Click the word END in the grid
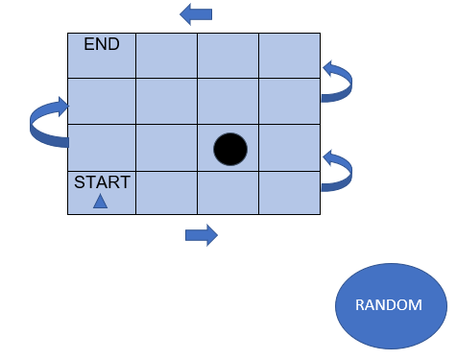[x=102, y=44]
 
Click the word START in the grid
[x=102, y=182]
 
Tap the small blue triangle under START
[x=100, y=201]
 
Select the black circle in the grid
[x=230, y=149]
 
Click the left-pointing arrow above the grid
[x=197, y=13]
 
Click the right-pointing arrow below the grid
[x=202, y=234]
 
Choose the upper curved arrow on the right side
[x=338, y=82]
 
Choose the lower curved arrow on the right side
[x=338, y=170]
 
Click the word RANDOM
[x=389, y=305]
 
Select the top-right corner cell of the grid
[x=289, y=56]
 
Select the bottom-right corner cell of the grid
[x=289, y=193]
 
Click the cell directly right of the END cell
[x=166, y=56]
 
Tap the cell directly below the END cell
[x=101, y=101]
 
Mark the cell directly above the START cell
[x=101, y=147]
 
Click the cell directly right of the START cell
[x=166, y=193]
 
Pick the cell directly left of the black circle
[x=166, y=147]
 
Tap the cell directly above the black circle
[x=228, y=101]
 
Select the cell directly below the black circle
[x=228, y=193]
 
